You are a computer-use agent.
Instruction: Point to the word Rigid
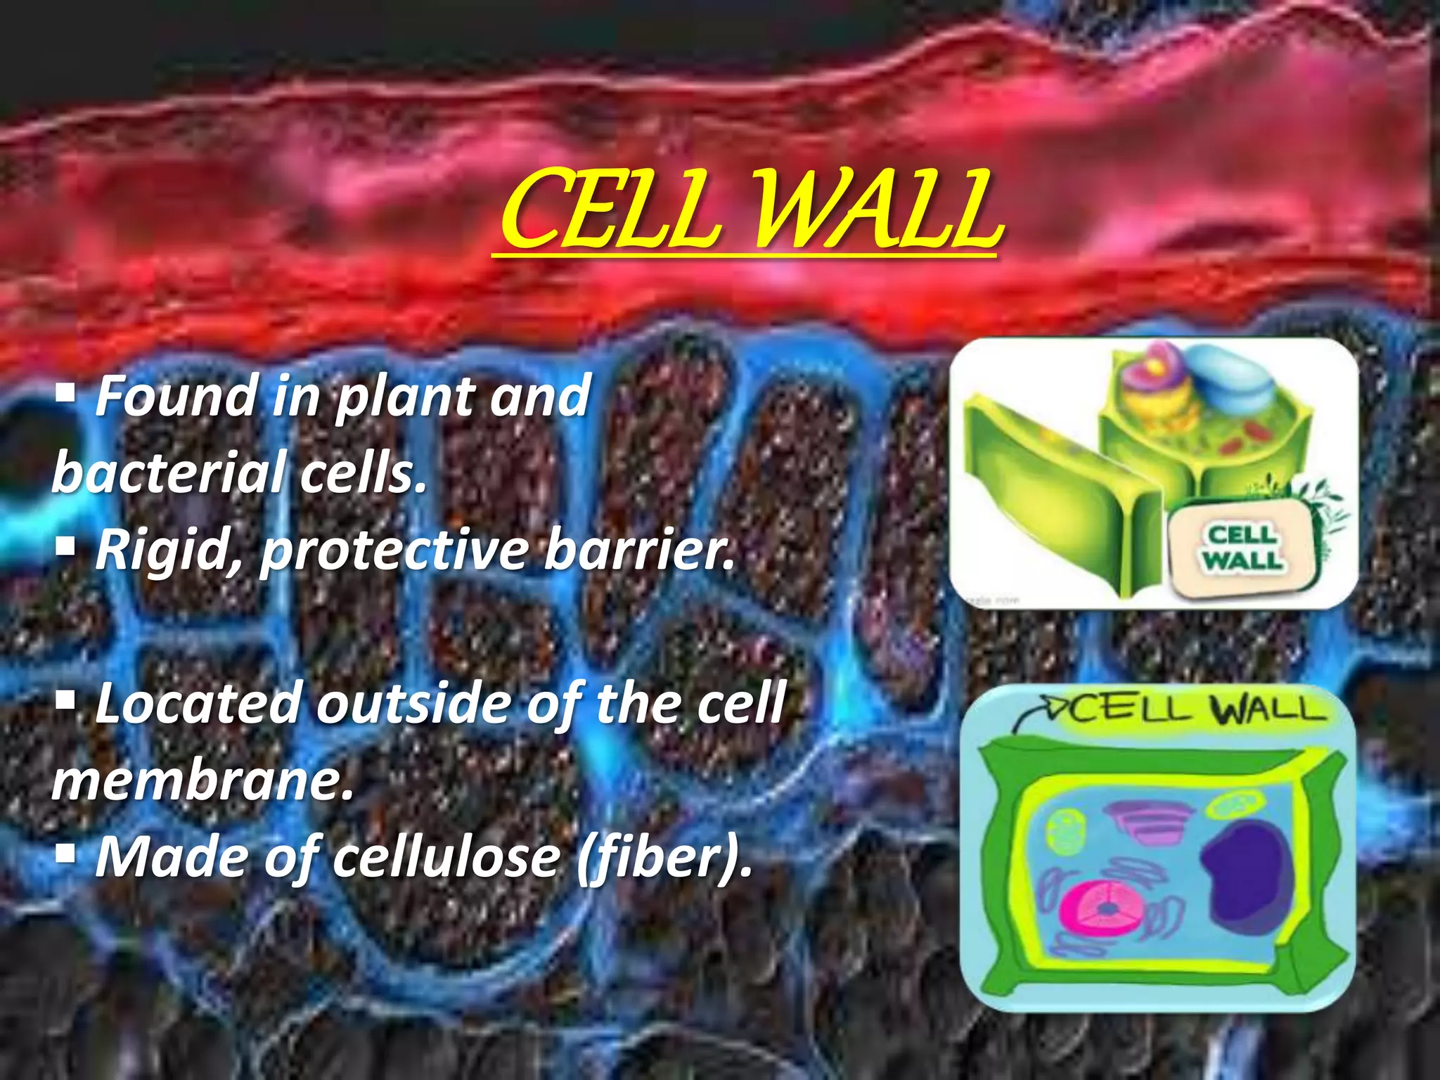[x=169, y=550]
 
